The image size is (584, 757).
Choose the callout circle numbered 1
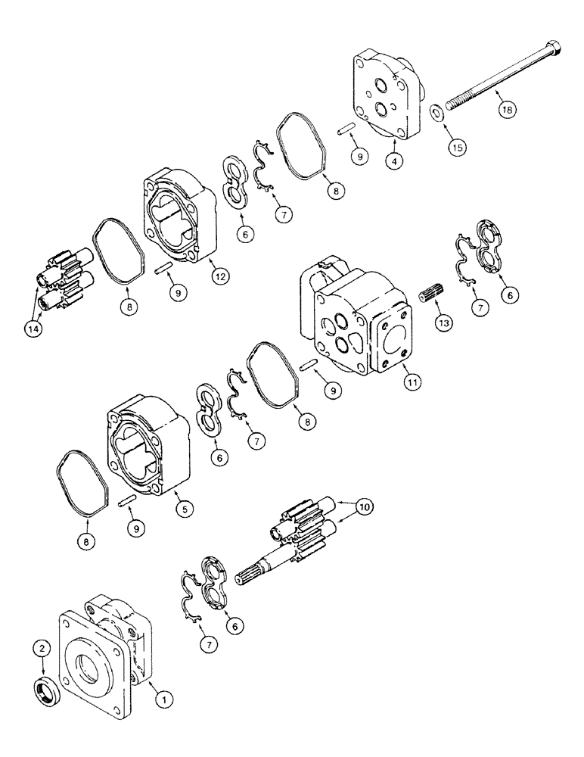(160, 700)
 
